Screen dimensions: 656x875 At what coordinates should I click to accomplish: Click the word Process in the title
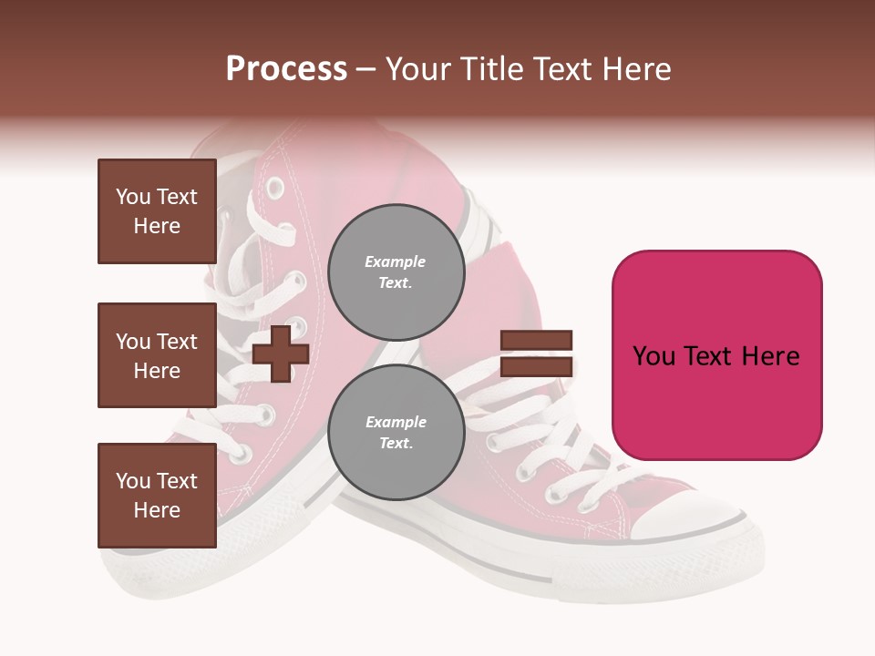pos(286,69)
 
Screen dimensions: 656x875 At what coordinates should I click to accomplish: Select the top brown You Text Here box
pos(157,211)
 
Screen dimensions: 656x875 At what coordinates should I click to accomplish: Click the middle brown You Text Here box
pos(157,355)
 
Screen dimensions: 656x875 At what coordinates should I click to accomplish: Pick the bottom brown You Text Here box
pos(157,495)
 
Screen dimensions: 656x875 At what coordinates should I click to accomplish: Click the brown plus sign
pos(280,354)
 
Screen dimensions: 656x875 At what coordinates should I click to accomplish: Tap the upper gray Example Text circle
pos(396,272)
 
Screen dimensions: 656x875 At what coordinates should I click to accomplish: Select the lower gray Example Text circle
pos(396,433)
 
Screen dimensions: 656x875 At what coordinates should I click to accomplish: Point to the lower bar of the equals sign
pos(536,366)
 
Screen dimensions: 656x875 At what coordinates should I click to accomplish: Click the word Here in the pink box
pos(770,356)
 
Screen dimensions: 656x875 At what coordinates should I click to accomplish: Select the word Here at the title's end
pos(633,69)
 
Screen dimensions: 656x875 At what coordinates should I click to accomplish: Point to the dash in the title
pos(366,69)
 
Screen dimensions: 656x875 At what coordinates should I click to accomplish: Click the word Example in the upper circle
pos(396,262)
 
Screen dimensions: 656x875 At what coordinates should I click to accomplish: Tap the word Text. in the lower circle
pos(396,444)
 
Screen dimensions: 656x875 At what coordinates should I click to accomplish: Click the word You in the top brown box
pos(132,197)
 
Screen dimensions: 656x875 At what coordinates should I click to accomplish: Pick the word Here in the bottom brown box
pos(157,510)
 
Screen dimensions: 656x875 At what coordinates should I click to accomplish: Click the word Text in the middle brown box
pos(176,342)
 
